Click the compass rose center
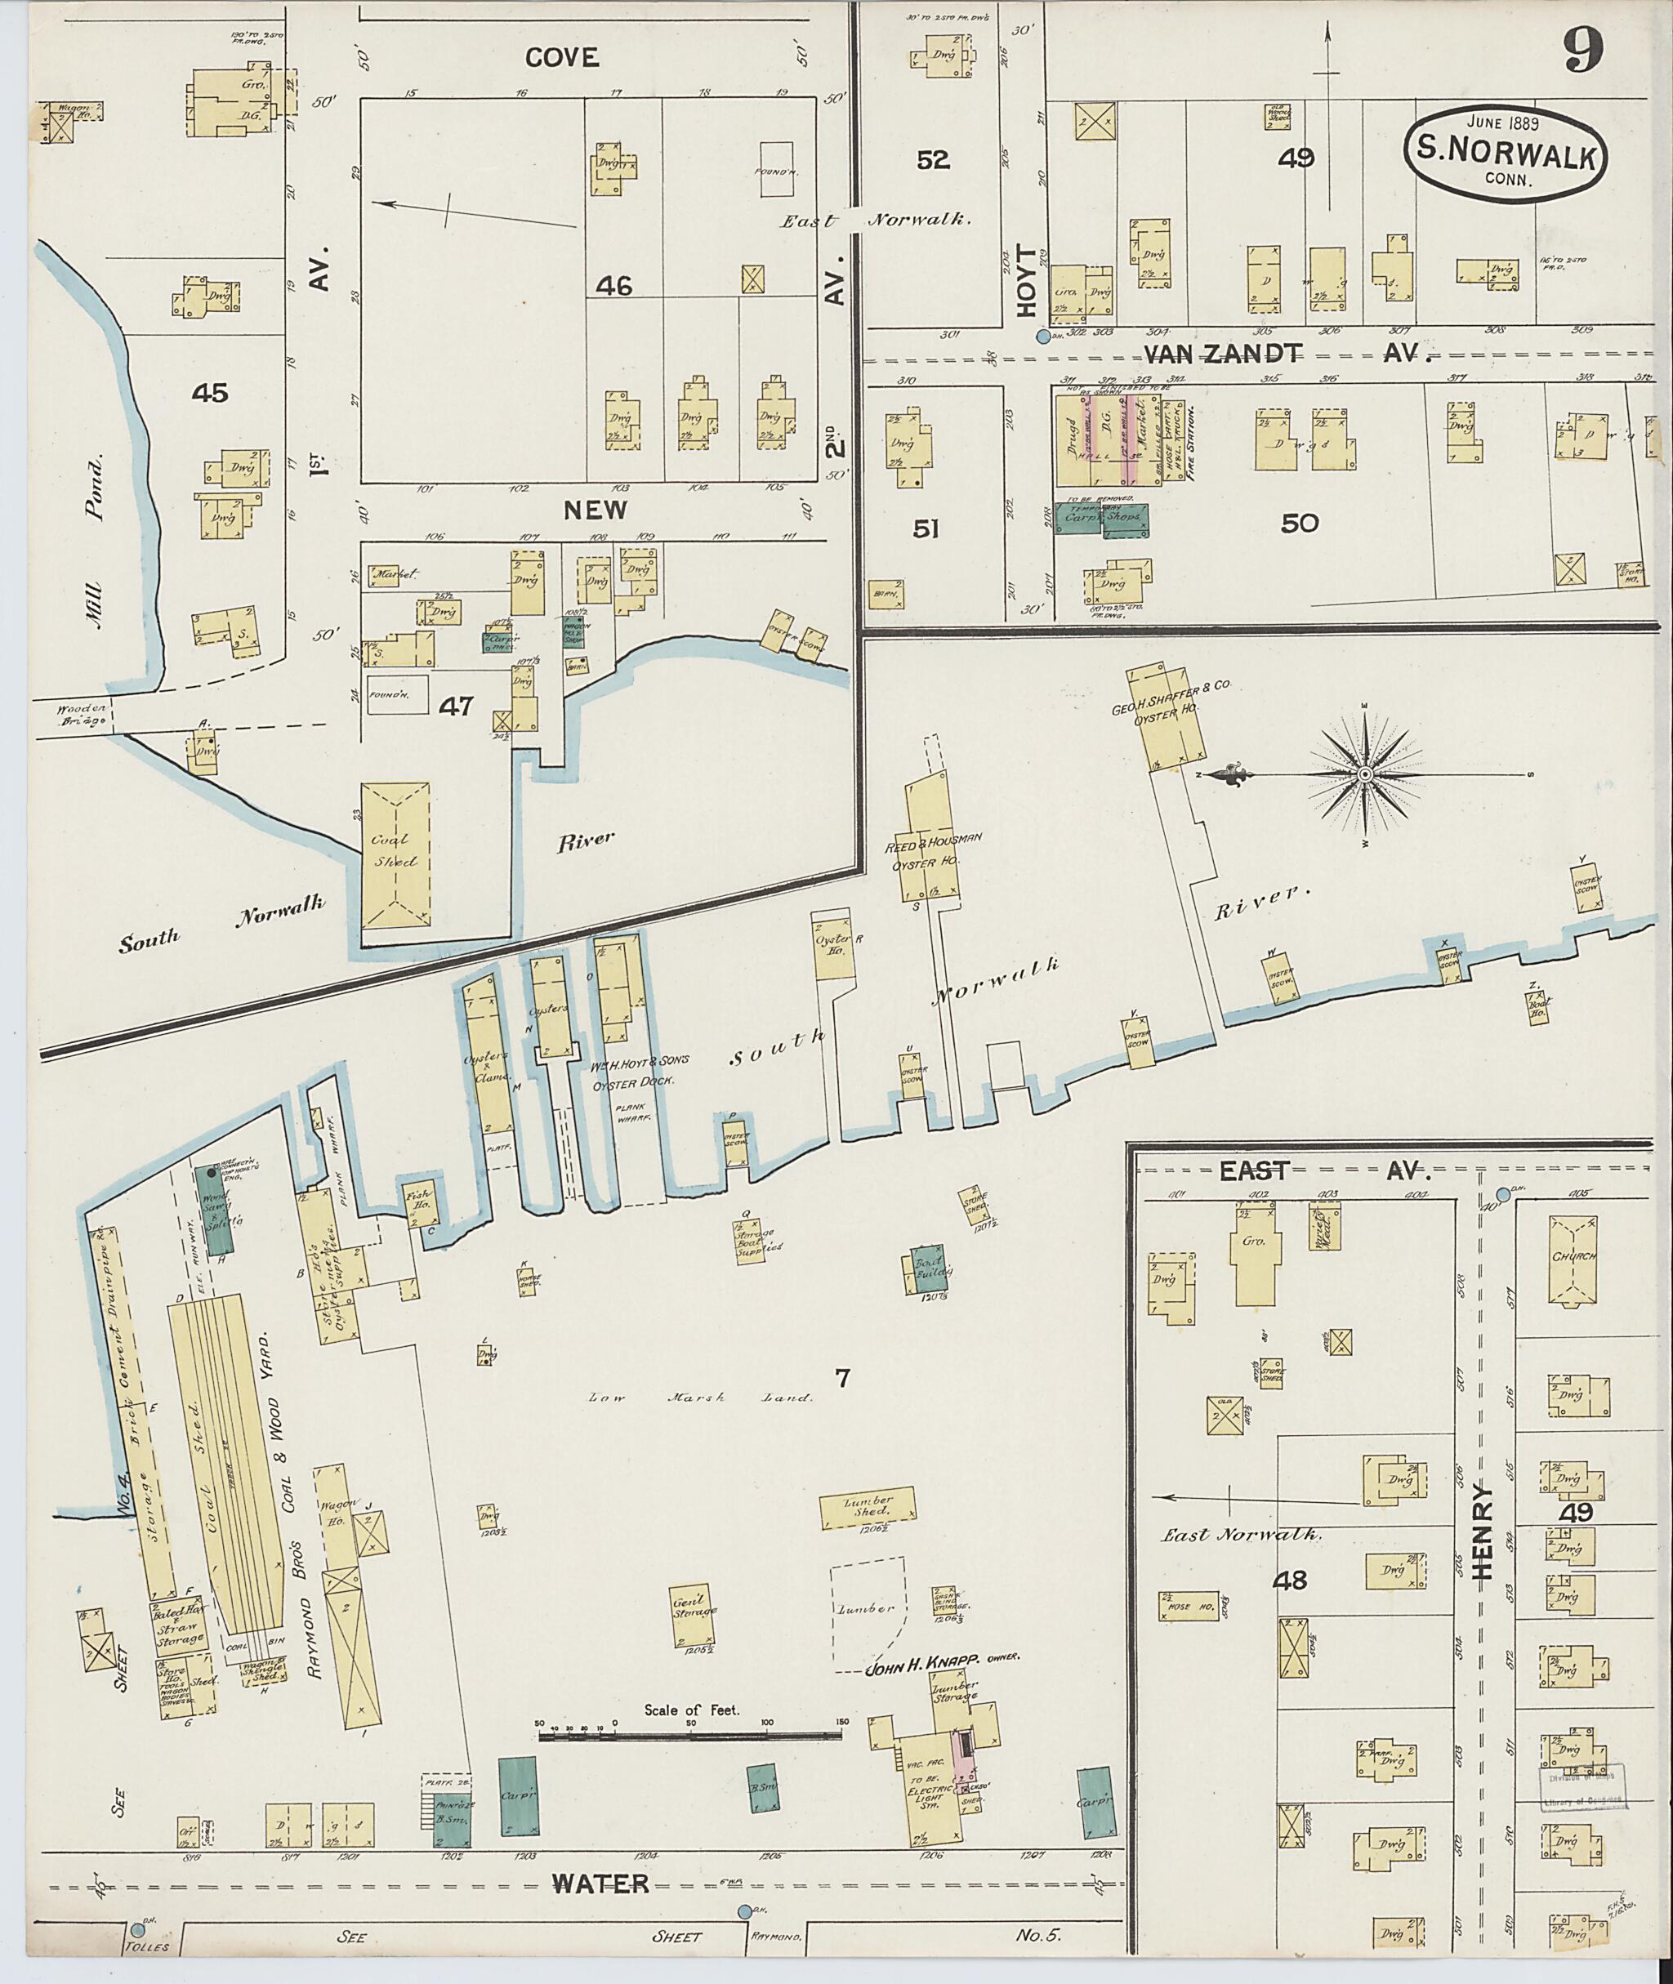click(x=1365, y=775)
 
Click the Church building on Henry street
click(x=1575, y=1258)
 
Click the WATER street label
click(x=600, y=1884)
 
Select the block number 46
click(x=613, y=284)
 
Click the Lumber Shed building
click(x=868, y=1509)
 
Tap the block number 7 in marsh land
click(x=841, y=1379)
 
